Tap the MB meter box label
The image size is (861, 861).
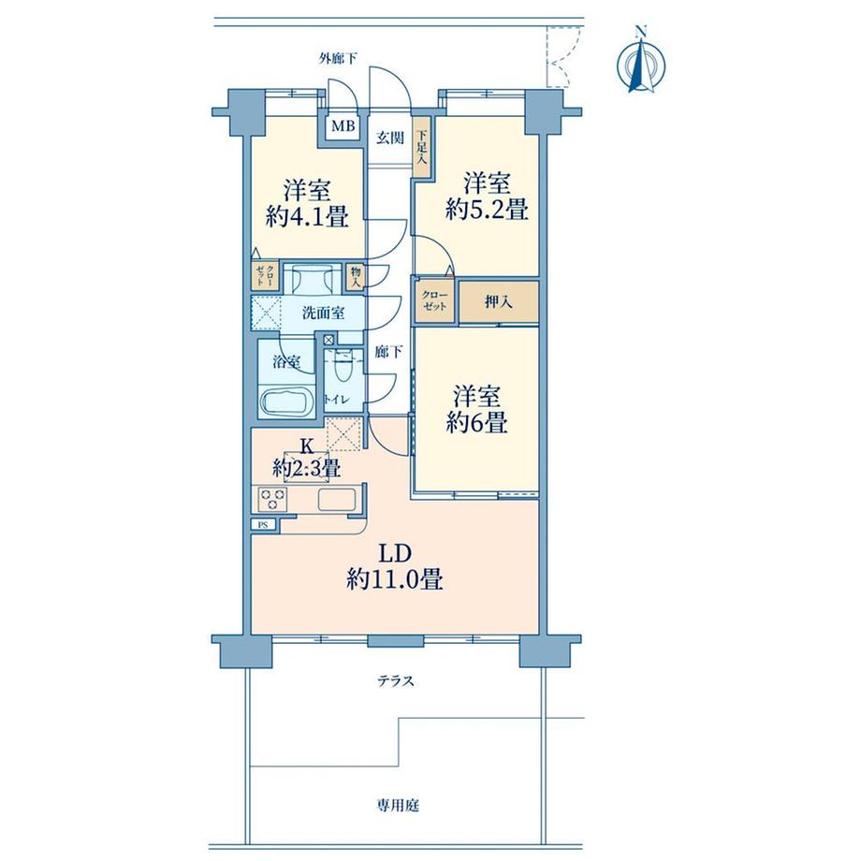(x=343, y=126)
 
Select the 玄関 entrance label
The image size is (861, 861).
(x=390, y=138)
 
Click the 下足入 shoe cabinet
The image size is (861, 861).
(x=421, y=147)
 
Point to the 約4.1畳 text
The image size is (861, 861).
(x=307, y=217)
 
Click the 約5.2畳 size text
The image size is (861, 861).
(x=487, y=210)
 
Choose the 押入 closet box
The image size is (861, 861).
(x=499, y=301)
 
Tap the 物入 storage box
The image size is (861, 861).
(x=356, y=277)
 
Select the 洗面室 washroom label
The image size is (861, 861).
(x=324, y=313)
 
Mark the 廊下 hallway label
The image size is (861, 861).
(x=388, y=352)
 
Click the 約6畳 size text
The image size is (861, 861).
(x=476, y=423)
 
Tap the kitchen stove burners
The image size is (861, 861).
(x=272, y=500)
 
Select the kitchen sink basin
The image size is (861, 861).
(x=337, y=500)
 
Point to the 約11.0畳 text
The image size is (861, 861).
(x=395, y=579)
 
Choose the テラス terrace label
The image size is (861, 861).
(x=396, y=681)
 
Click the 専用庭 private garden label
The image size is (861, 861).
(x=398, y=806)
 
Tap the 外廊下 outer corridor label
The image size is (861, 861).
(x=338, y=58)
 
